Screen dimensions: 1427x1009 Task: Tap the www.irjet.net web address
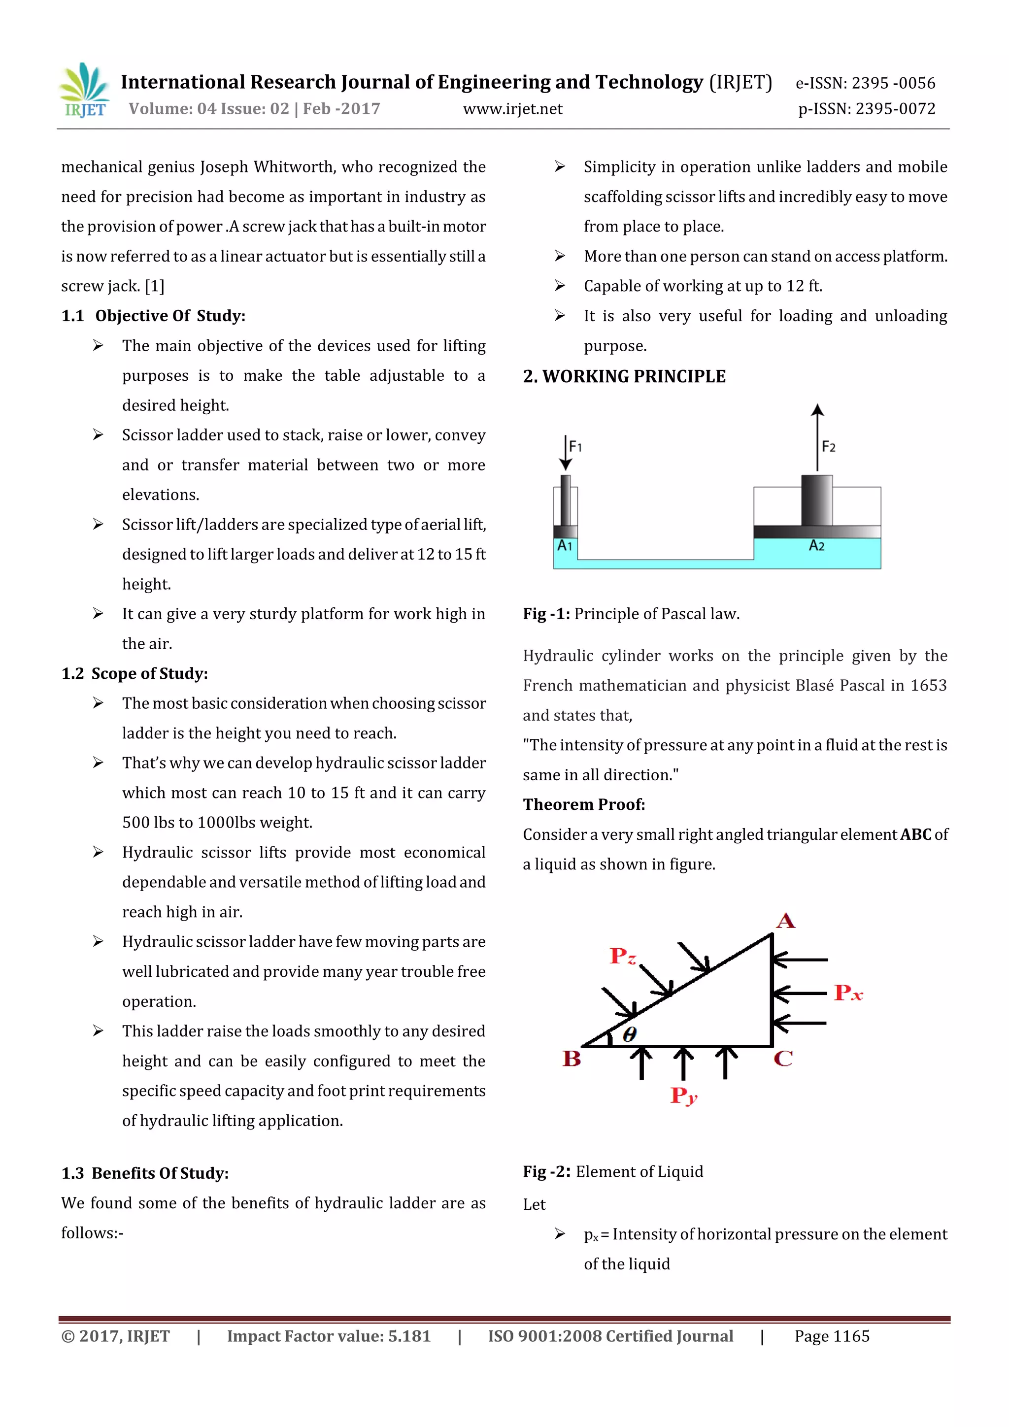tap(512, 109)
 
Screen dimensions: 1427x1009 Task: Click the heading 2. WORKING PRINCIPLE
tap(624, 377)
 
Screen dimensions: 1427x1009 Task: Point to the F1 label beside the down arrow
tap(575, 446)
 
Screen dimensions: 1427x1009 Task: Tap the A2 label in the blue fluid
tap(816, 546)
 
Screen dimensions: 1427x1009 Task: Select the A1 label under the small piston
tap(564, 546)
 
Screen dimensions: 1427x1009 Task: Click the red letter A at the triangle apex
tap(785, 921)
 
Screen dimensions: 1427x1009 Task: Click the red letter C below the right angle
tap(783, 1059)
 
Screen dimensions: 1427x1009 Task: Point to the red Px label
tap(848, 993)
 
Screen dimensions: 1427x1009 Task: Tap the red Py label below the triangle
tap(683, 1095)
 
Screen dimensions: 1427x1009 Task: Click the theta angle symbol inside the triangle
tap(629, 1034)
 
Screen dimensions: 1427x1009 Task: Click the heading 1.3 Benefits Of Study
tap(145, 1173)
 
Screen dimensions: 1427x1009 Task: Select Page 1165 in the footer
tap(831, 1336)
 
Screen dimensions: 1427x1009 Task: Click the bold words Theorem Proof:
tap(583, 805)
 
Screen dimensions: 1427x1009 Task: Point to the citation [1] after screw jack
tap(154, 287)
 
